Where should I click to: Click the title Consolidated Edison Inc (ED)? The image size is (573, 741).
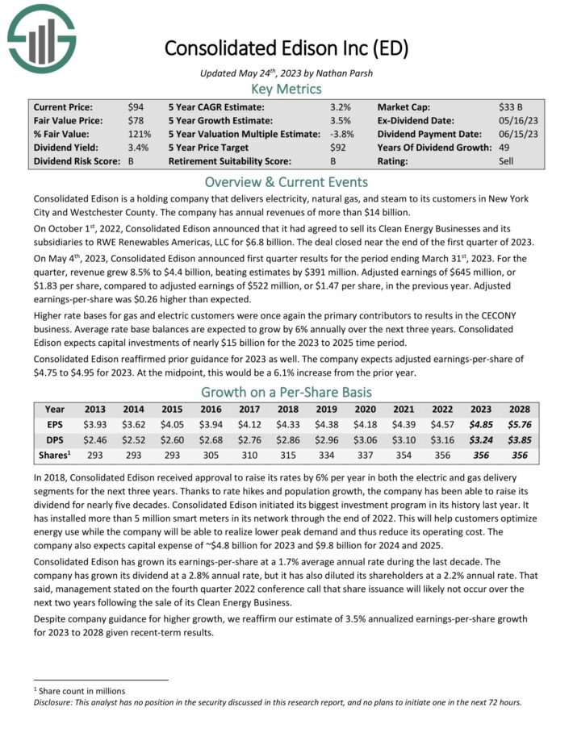pos(286,48)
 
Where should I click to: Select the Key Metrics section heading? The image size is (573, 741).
pos(286,89)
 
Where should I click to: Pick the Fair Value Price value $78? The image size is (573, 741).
pos(136,120)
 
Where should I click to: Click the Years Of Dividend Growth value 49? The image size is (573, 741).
pos(505,147)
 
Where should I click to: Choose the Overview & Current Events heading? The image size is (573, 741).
pos(286,181)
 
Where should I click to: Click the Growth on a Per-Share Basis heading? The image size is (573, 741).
pos(286,393)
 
